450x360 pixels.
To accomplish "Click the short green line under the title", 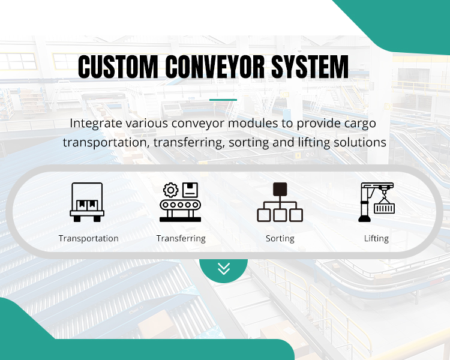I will (x=223, y=100).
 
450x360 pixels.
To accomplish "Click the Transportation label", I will (x=88, y=238).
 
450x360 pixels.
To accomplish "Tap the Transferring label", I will (x=181, y=238).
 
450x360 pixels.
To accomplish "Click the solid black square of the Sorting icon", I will (x=280, y=190).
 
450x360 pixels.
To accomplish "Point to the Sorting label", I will (x=280, y=238).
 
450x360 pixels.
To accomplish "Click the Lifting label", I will (x=376, y=238).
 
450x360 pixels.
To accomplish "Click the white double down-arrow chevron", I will (x=224, y=269).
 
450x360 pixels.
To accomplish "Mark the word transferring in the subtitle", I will (x=180, y=142).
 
